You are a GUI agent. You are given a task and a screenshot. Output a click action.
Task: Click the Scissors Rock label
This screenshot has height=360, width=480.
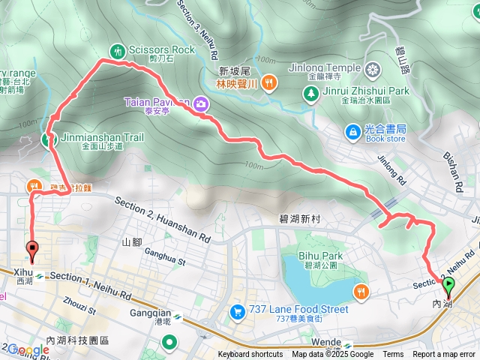tap(161, 49)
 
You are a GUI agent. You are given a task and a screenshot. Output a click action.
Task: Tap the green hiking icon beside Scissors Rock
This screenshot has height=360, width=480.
tap(118, 50)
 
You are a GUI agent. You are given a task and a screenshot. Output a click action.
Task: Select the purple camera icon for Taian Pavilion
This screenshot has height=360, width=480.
tap(201, 105)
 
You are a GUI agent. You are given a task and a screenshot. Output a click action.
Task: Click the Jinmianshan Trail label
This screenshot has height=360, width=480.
tap(102, 138)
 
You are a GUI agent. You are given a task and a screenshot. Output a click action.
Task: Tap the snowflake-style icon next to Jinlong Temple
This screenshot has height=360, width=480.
tap(373, 71)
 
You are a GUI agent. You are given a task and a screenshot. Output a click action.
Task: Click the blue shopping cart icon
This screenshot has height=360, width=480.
tap(237, 310)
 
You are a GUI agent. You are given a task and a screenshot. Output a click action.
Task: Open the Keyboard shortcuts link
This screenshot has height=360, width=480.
tap(250, 355)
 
